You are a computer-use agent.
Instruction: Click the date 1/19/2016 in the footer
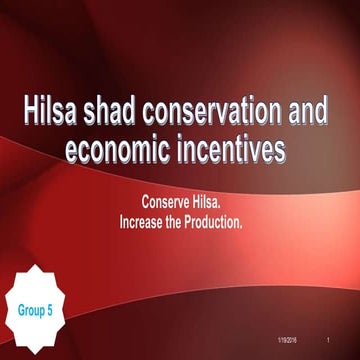coord(288,343)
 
